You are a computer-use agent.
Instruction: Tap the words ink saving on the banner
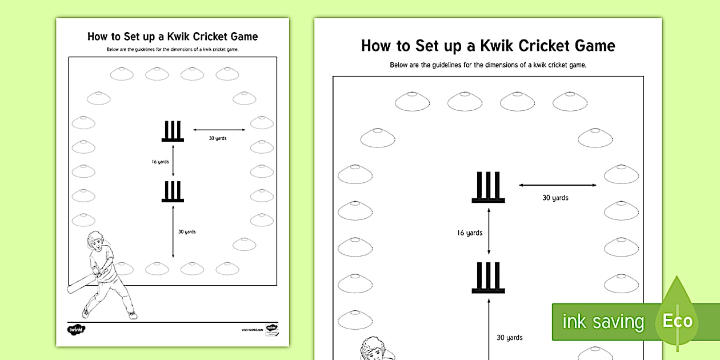(x=603, y=322)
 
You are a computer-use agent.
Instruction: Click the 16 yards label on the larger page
(x=470, y=233)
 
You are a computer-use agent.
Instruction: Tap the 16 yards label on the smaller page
(x=160, y=162)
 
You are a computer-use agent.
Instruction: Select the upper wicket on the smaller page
(x=173, y=131)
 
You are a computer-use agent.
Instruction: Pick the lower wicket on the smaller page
(x=173, y=191)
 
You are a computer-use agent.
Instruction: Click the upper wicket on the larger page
(x=489, y=187)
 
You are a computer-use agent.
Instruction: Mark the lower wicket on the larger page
(x=489, y=278)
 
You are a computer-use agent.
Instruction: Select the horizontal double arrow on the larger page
(x=558, y=185)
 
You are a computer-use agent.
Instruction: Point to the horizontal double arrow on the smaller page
(x=219, y=130)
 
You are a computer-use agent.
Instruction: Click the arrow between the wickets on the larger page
(x=489, y=231)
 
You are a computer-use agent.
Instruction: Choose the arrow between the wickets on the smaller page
(x=173, y=161)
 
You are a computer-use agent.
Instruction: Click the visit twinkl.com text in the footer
(x=251, y=329)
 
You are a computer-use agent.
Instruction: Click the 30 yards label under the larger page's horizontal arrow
(x=555, y=198)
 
